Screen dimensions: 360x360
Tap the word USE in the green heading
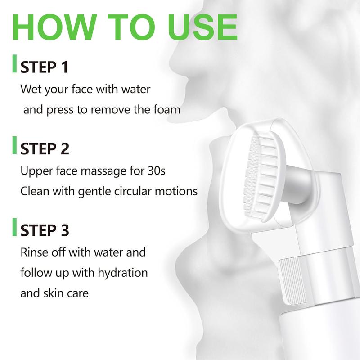pos(202,27)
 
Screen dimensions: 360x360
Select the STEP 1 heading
pos(44,67)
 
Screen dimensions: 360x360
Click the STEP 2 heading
pos(45,149)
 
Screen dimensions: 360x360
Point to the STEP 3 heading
pos(45,230)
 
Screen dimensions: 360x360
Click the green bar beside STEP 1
pos(14,63)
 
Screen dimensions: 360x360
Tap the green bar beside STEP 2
pos(14,145)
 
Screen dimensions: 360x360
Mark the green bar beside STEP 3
pos(14,227)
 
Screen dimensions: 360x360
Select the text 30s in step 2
pos(156,171)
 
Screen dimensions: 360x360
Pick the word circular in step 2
pos(133,191)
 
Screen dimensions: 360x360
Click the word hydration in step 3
pos(123,273)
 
